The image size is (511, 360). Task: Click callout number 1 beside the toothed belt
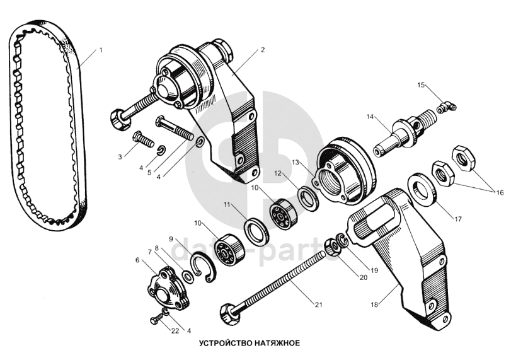(x=101, y=50)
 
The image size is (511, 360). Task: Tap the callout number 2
(x=262, y=50)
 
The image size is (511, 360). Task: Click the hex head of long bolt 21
(x=228, y=311)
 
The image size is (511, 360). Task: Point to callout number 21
(x=318, y=305)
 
